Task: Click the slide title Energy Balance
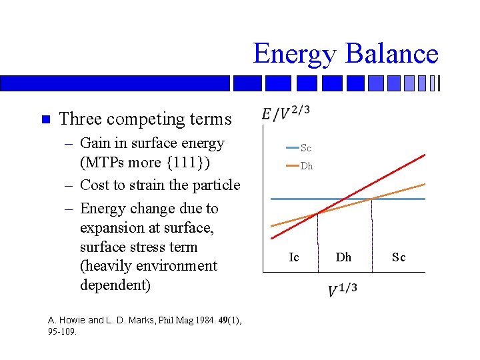tap(345, 54)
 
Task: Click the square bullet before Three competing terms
tap(45, 120)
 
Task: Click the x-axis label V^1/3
tap(343, 291)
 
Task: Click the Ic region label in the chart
tap(294, 257)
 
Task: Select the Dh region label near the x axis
tap(343, 257)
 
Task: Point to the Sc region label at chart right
tap(399, 257)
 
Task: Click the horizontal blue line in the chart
tap(287, 199)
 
